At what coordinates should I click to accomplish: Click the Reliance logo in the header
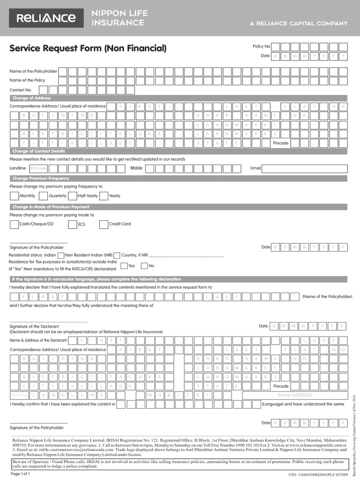click(x=46, y=18)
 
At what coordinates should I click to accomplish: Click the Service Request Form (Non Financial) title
click(x=88, y=48)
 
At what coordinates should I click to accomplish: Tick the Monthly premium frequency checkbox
click(x=14, y=195)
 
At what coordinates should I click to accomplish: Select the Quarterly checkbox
click(x=43, y=195)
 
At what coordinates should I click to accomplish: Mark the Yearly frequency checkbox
click(x=103, y=195)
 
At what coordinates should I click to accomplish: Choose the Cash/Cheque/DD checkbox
click(x=14, y=224)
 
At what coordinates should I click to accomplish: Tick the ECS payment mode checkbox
click(x=72, y=224)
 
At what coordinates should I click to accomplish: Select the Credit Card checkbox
click(x=104, y=224)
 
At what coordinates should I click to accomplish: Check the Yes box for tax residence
click(x=124, y=266)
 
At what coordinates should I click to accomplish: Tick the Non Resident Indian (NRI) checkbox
click(x=61, y=255)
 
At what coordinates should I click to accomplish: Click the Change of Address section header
click(x=31, y=98)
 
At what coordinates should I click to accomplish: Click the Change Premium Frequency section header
click(x=41, y=178)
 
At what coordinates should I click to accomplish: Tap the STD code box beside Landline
click(x=38, y=168)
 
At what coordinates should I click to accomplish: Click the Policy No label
click(x=261, y=46)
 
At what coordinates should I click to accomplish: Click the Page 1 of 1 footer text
click(x=20, y=474)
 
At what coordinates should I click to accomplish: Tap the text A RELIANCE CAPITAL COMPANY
click(x=299, y=23)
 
